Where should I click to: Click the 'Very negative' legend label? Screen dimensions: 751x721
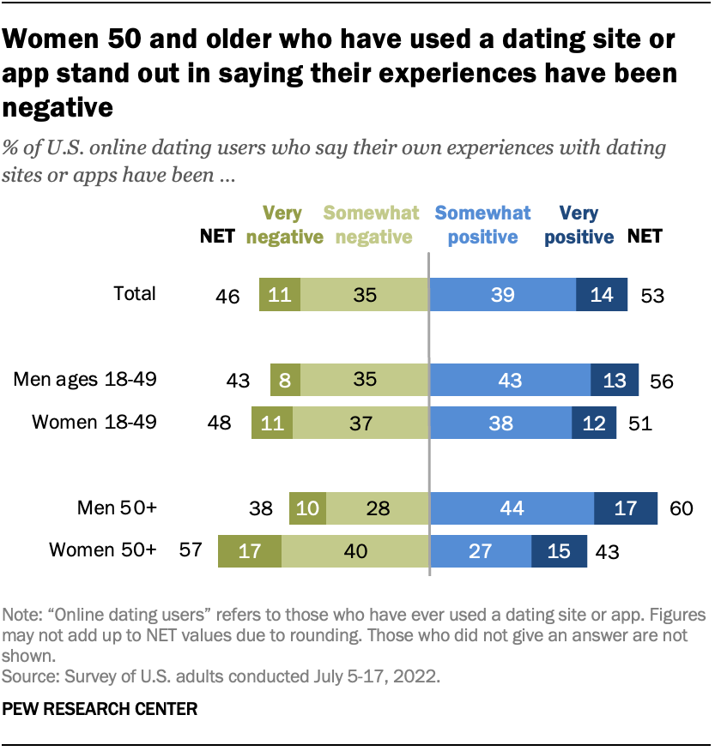click(284, 225)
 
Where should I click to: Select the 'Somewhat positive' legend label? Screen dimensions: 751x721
click(482, 225)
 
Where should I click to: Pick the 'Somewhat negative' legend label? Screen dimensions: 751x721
click(371, 225)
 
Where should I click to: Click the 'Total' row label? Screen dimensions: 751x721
click(135, 294)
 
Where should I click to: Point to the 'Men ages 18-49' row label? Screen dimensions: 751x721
click(85, 378)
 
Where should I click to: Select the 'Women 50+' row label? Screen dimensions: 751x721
click(103, 550)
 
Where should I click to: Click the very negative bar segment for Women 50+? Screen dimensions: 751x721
click(250, 550)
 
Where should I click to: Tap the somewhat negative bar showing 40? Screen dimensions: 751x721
click(354, 550)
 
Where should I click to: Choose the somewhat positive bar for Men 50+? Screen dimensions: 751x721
click(512, 508)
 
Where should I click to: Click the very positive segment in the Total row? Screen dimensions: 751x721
click(602, 295)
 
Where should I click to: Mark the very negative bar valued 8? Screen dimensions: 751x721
click(285, 379)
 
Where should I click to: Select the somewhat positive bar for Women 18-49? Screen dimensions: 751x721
click(500, 422)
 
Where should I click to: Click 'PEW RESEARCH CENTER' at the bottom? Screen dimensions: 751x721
click(100, 709)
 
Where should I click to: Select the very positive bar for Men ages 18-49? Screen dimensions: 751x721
click(615, 379)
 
